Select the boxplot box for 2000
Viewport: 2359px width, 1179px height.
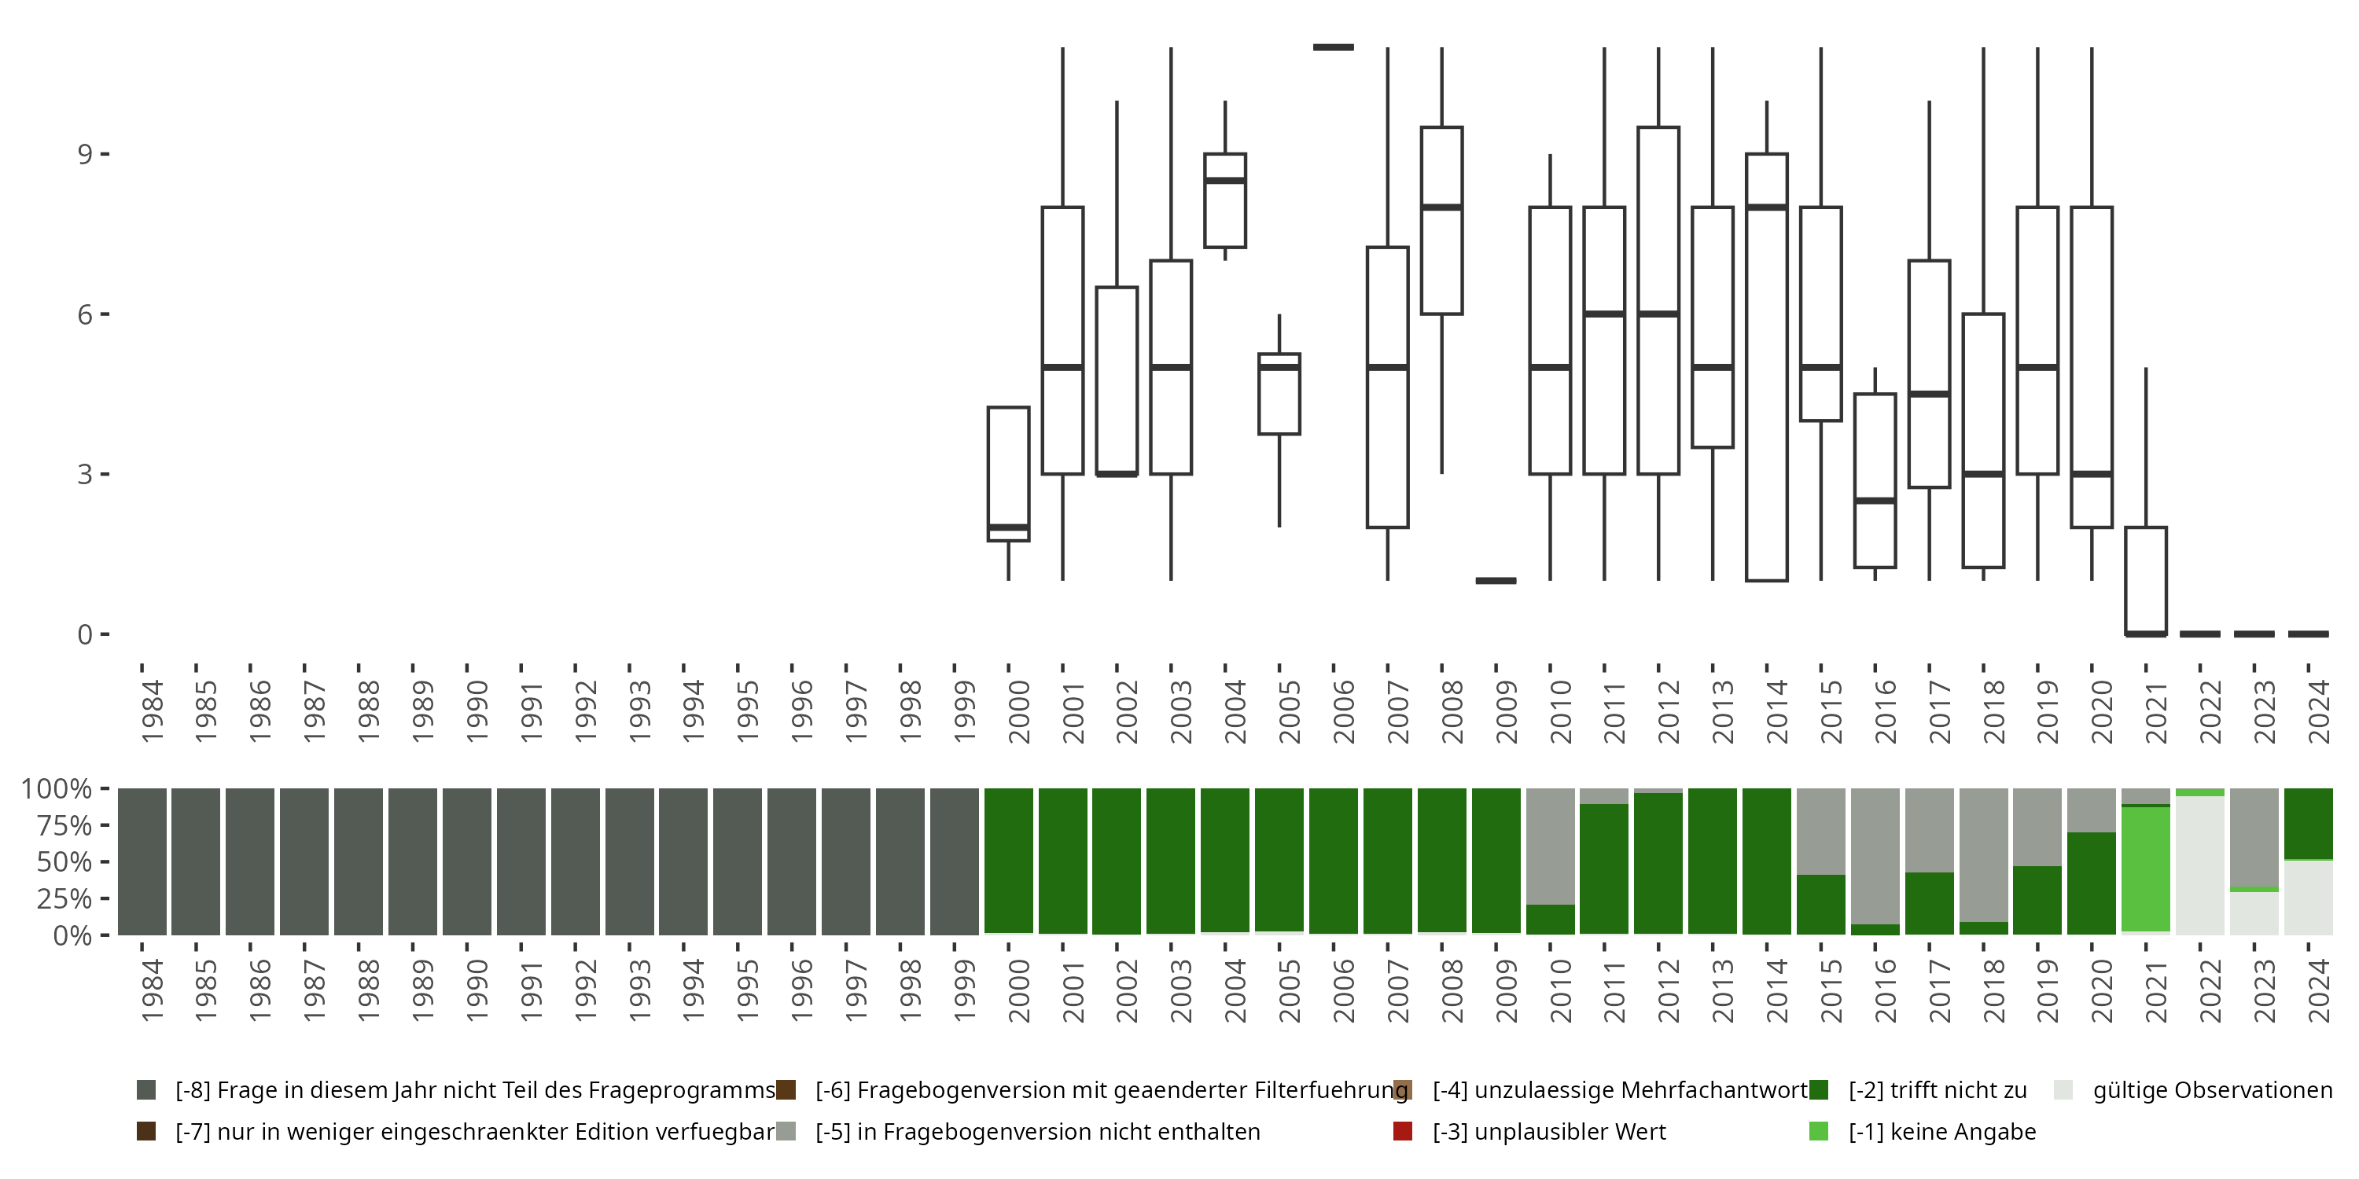click(x=1008, y=474)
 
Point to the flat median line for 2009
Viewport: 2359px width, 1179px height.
click(x=1496, y=580)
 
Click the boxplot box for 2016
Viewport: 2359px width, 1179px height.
click(x=1875, y=480)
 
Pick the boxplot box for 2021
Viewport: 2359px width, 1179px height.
click(x=2146, y=580)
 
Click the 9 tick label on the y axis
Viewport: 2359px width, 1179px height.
click(x=85, y=154)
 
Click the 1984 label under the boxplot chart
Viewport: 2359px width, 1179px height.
click(x=152, y=711)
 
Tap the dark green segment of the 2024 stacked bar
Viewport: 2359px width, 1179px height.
click(x=2308, y=824)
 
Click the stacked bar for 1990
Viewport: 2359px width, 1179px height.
click(x=467, y=861)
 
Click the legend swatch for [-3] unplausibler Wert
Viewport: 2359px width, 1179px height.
click(x=1402, y=1131)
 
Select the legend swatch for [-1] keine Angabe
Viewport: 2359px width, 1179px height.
click(x=1819, y=1131)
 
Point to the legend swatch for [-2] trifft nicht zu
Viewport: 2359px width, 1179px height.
click(x=1819, y=1090)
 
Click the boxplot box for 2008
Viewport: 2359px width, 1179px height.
click(x=1441, y=221)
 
